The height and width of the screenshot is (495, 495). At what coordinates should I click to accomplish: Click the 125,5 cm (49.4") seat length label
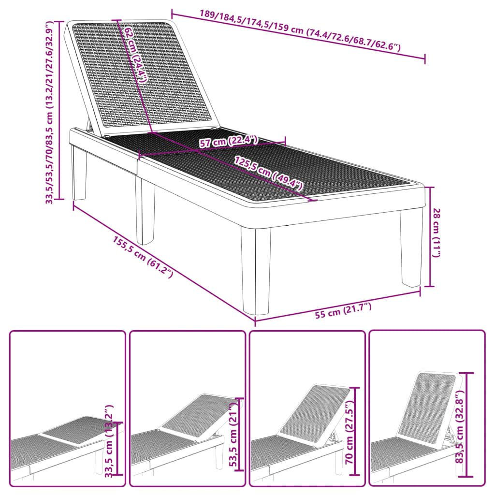(269, 173)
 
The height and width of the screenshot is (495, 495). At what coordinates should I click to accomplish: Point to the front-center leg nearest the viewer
(256, 271)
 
